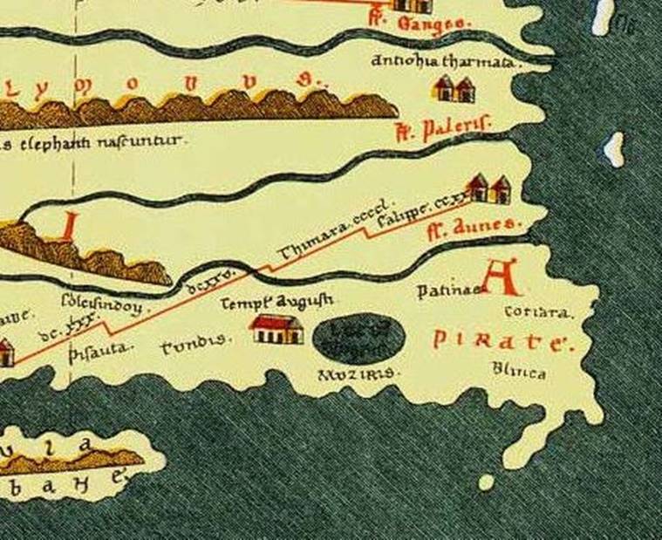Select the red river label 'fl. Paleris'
442,131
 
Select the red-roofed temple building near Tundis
276,329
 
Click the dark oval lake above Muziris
358,337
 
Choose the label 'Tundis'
195,345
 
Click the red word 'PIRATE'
502,341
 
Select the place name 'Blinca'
519,373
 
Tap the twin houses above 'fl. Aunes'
488,188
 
